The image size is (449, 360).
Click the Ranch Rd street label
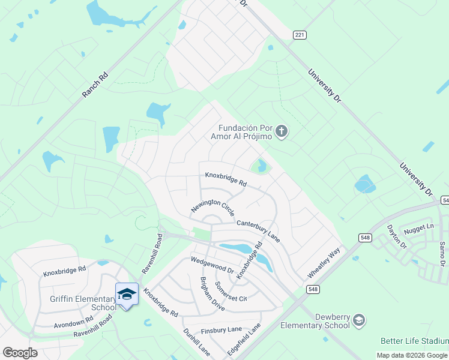(x=95, y=86)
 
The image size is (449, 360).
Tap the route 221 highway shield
(x=300, y=35)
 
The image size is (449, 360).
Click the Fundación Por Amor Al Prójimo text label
(x=245, y=132)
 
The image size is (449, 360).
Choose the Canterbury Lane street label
(x=258, y=230)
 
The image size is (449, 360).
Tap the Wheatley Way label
(x=324, y=262)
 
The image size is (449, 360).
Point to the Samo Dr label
(x=442, y=254)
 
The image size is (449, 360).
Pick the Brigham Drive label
(x=212, y=294)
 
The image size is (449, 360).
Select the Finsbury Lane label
(x=221, y=329)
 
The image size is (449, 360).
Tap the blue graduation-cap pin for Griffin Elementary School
(x=127, y=294)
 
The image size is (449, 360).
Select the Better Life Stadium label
(x=414, y=341)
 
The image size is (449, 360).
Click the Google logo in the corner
(x=19, y=353)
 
